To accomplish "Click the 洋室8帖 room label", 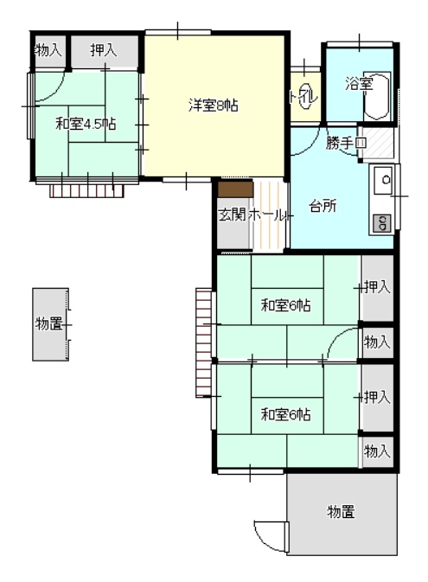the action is point(213,106).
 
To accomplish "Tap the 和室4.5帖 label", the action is point(86,124).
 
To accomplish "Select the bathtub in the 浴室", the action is point(377,96).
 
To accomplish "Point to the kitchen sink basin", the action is point(383,180).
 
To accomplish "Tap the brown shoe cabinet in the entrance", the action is point(235,189).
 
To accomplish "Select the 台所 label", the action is point(323,206).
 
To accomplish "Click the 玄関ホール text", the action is point(253,215).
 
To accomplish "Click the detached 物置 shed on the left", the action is point(50,324).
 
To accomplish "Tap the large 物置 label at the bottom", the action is point(342,511).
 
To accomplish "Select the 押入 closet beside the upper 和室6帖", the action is point(377,288).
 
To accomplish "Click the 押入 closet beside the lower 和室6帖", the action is point(377,398).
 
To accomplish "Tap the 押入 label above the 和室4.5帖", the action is point(104,50).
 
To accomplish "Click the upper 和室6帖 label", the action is point(286,306).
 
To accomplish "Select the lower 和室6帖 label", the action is point(286,414).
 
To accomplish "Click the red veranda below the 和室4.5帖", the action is point(86,191).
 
